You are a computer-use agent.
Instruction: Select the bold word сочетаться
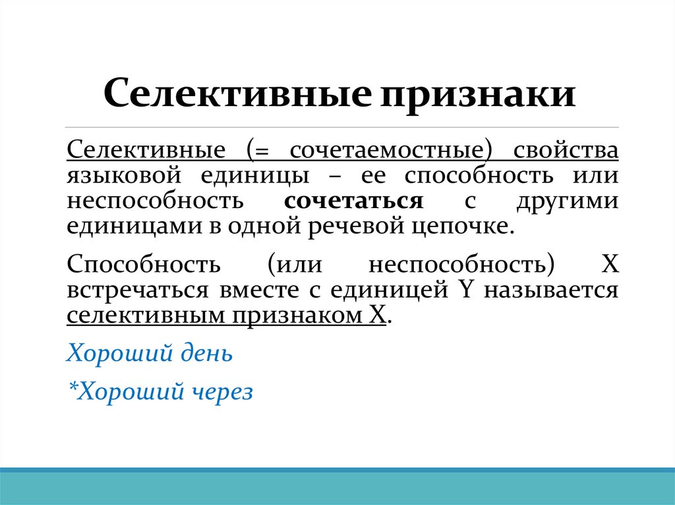[354, 201]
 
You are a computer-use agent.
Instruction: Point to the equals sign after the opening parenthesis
[264, 151]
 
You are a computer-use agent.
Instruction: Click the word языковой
[123, 176]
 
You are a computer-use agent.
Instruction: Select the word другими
[567, 201]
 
